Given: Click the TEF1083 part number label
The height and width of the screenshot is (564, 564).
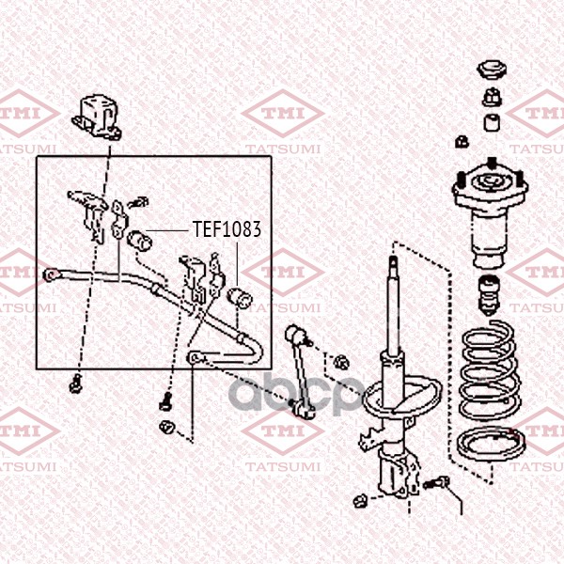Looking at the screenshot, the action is point(227,229).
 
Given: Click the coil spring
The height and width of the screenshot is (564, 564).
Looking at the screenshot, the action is point(491,370).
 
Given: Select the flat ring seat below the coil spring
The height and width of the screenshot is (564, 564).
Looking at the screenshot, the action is point(491,445).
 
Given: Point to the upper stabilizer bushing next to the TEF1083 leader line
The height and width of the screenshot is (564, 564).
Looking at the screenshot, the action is point(140,241).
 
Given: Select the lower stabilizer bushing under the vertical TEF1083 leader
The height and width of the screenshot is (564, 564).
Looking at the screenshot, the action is point(240,298).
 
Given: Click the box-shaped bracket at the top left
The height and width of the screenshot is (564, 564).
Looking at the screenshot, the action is point(97,117).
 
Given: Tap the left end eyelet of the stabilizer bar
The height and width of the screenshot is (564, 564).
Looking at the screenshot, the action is point(52,275).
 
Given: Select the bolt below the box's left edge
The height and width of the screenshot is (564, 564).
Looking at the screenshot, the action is point(75,384).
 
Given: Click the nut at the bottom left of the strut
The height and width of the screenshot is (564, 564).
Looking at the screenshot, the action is point(360,501).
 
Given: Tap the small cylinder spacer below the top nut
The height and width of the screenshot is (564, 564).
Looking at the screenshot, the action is point(493,122).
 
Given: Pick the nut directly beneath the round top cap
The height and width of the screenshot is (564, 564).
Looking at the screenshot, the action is point(493,97).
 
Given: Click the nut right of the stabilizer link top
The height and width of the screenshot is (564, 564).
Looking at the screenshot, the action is point(341,362).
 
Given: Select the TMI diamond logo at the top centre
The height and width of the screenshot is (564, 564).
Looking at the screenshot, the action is point(283,114).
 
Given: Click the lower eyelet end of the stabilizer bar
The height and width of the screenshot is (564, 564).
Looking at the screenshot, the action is point(195,357).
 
